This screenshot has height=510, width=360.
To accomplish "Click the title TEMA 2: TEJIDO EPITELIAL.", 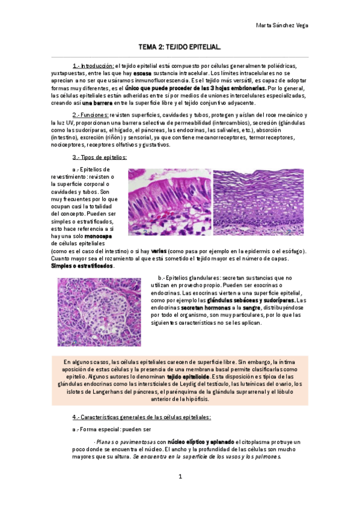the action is click(180, 46).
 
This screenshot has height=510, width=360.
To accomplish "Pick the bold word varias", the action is click(159, 251).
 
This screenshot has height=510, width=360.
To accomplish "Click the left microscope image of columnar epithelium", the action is click(169, 201).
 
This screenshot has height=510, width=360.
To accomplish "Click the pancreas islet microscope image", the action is click(99, 312).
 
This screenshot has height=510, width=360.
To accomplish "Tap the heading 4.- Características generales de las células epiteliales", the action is click(141, 417).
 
